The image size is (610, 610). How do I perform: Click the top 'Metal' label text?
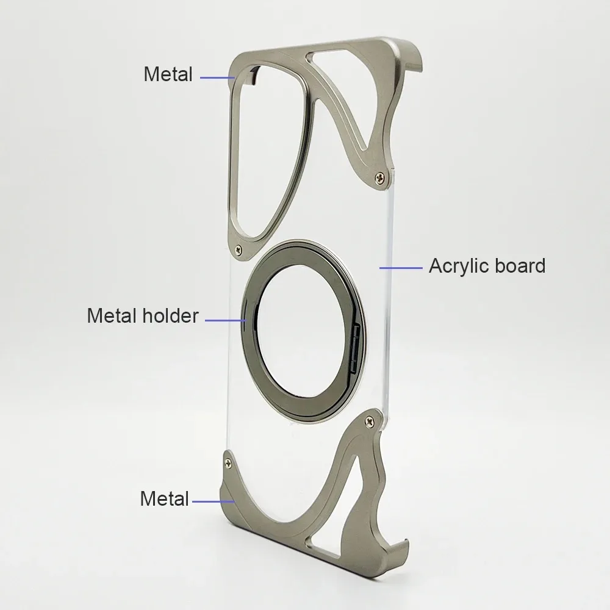pos(168,74)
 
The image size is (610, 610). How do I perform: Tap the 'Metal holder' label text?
pos(143,315)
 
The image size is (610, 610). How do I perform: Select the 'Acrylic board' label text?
pos(487,267)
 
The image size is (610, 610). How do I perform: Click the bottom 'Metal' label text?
pos(164,498)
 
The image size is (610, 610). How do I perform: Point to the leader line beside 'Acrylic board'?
pos(401,268)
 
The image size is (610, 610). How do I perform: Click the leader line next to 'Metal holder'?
pos(226,320)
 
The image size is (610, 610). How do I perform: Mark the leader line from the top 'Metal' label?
pos(218,78)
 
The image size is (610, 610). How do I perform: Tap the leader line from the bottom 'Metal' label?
pos(213,501)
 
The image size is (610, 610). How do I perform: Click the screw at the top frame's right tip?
pos(379,178)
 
